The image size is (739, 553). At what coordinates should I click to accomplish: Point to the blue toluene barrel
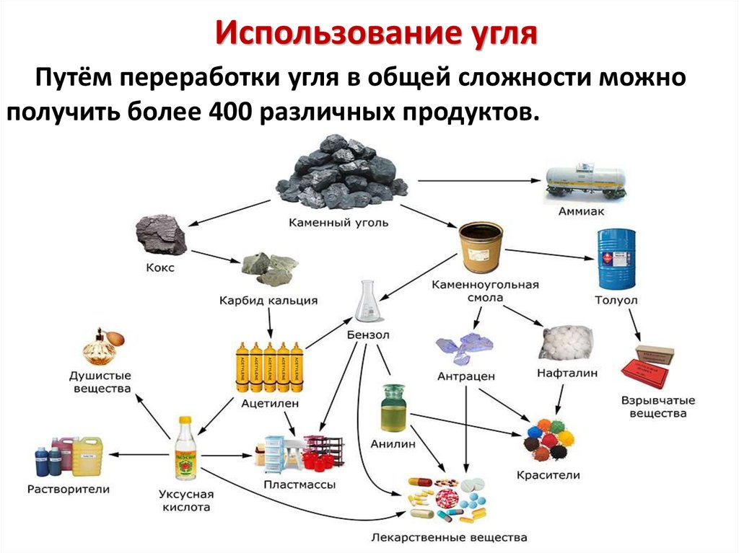tap(616, 259)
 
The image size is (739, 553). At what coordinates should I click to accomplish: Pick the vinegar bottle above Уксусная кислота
tap(185, 450)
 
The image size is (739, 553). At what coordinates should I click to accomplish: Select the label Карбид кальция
tap(268, 299)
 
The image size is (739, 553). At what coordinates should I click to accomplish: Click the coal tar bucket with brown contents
tap(481, 249)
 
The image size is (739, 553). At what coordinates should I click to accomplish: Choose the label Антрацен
tap(465, 376)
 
